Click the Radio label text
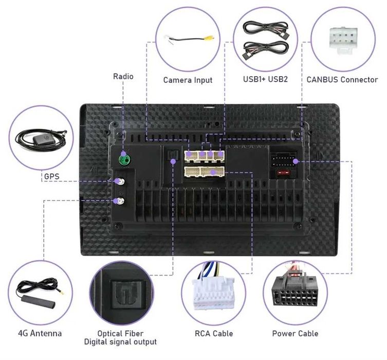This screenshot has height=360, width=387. [123, 76]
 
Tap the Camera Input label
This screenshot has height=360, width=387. [188, 80]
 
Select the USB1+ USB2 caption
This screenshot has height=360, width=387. [265, 79]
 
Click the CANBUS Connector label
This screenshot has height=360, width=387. [342, 80]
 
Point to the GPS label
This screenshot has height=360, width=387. [51, 176]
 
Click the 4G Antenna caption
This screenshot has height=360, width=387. [40, 333]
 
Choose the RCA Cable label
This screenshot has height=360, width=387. [214, 334]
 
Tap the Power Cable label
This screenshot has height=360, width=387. [295, 334]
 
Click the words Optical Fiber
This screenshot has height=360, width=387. [120, 333]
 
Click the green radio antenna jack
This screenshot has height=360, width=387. [125, 160]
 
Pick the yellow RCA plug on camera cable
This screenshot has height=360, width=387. [209, 38]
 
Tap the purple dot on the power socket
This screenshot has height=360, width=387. [296, 161]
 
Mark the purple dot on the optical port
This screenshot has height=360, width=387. [173, 161]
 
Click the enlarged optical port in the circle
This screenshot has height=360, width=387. [127, 294]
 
